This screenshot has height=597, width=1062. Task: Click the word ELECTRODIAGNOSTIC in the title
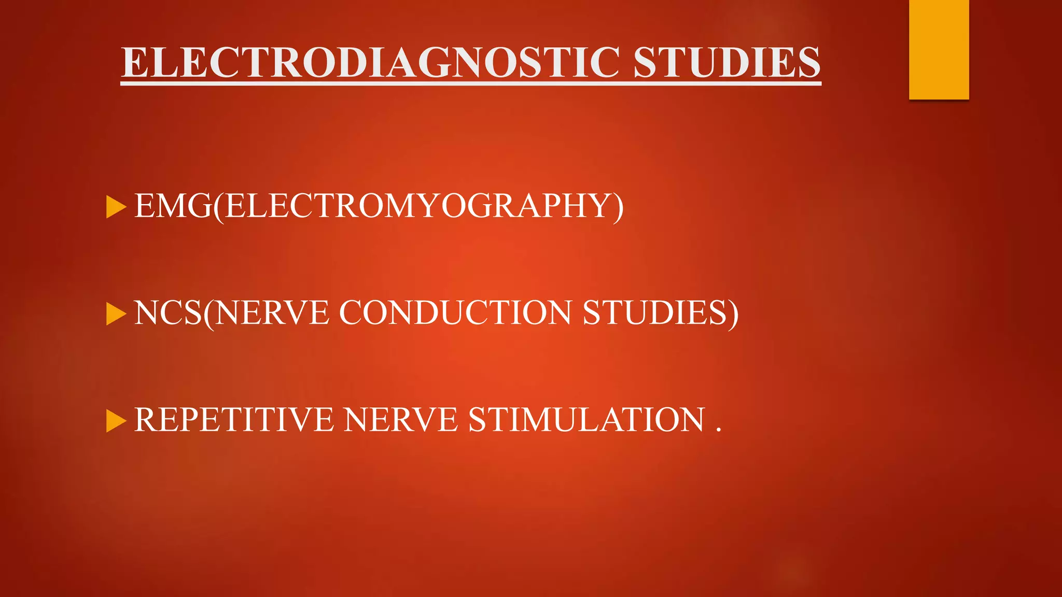pyautogui.click(x=371, y=63)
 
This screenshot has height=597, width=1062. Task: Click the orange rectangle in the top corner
pyautogui.click(x=939, y=49)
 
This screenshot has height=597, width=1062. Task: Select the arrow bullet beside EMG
pyautogui.click(x=116, y=207)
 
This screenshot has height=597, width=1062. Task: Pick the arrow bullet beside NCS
pyautogui.click(x=116, y=314)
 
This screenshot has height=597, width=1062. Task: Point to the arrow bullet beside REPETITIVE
pyautogui.click(x=116, y=421)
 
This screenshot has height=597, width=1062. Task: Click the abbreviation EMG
pyautogui.click(x=173, y=206)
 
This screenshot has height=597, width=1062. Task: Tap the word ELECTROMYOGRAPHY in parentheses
pyautogui.click(x=418, y=206)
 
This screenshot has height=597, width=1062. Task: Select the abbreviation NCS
pyautogui.click(x=167, y=313)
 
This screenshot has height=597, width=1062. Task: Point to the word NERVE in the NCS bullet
pyautogui.click(x=272, y=313)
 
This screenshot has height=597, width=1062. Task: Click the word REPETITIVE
pyautogui.click(x=234, y=420)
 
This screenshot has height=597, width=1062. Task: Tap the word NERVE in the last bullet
pyautogui.click(x=400, y=420)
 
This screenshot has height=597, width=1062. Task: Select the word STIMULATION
pyautogui.click(x=586, y=420)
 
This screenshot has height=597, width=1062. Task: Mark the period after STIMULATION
pyautogui.click(x=718, y=430)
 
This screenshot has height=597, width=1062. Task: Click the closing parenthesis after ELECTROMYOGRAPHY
pyautogui.click(x=618, y=207)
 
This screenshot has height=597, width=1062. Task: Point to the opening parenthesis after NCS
pyautogui.click(x=208, y=314)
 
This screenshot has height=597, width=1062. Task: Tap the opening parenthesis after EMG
pyautogui.click(x=218, y=207)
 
